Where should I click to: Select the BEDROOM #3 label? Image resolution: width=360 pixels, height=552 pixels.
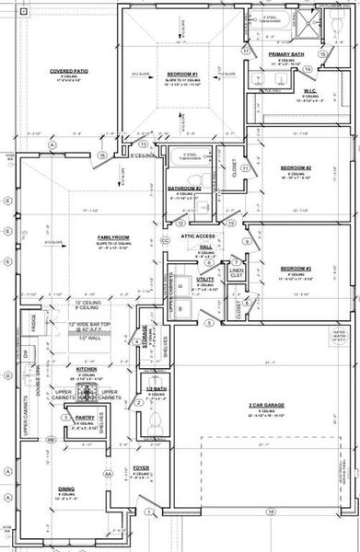point(296,269)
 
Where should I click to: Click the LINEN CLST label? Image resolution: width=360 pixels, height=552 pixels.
point(237,273)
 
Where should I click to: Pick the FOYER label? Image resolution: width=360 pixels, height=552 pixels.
point(140,468)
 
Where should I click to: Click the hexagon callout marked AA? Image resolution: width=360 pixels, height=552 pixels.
point(109,473)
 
